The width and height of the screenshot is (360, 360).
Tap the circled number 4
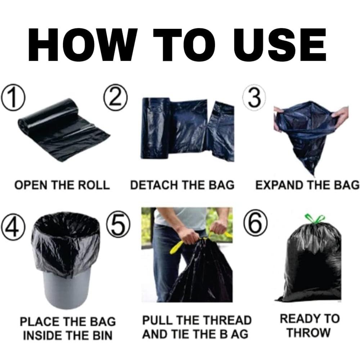[x=13, y=226]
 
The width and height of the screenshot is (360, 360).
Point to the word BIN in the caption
[x=101, y=336]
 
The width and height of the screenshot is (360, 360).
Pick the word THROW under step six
[x=309, y=333]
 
